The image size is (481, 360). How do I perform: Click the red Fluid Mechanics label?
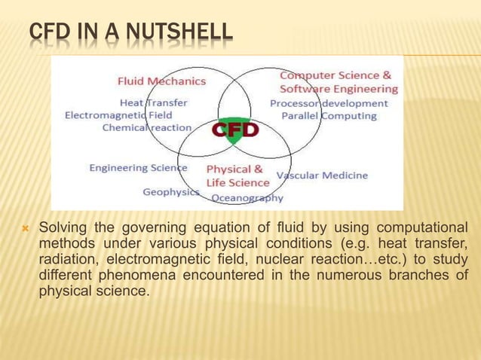[x=161, y=80]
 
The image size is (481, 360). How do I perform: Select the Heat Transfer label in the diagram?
[x=154, y=102]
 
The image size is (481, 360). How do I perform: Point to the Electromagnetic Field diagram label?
[x=118, y=115]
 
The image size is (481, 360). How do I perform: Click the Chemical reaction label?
[x=147, y=128]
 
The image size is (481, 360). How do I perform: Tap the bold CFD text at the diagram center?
[x=234, y=130]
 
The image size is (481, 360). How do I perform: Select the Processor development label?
[x=329, y=103]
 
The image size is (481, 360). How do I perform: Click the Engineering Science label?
[x=138, y=167]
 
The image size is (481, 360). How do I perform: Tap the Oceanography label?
[x=247, y=198]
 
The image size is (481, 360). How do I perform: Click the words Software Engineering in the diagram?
[x=339, y=89]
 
